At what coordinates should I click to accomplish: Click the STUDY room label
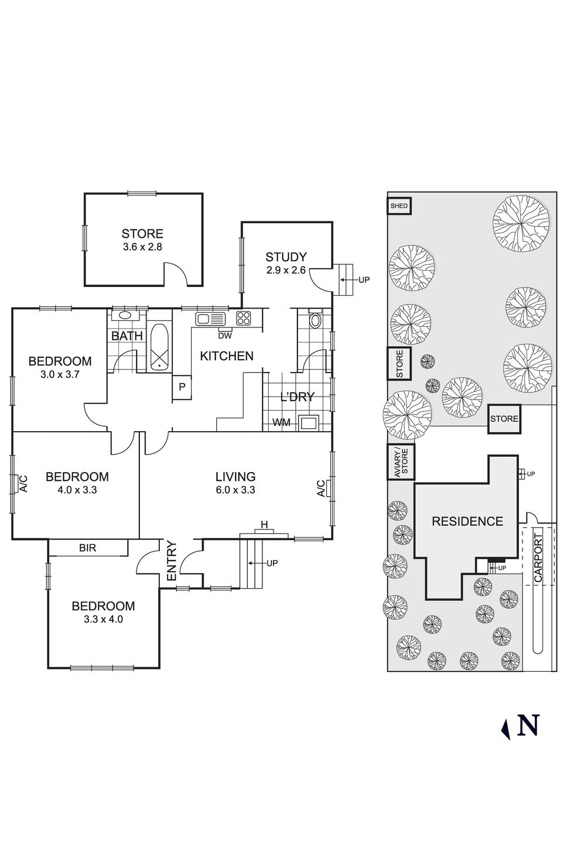pyautogui.click(x=286, y=257)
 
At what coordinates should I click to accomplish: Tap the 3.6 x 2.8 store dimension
pyautogui.click(x=142, y=247)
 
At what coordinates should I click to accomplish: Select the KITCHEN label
pyautogui.click(x=227, y=356)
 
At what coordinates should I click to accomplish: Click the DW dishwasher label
pyautogui.click(x=224, y=336)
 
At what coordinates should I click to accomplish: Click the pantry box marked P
pyautogui.click(x=182, y=387)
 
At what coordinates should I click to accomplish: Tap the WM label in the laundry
pyautogui.click(x=281, y=422)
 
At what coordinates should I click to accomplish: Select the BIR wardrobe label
pyautogui.click(x=87, y=548)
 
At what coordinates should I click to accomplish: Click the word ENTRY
pyautogui.click(x=172, y=561)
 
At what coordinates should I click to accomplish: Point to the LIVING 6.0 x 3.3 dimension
pyautogui.click(x=235, y=490)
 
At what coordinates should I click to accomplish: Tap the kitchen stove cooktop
pyautogui.click(x=244, y=318)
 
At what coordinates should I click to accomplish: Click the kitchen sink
pyautogui.click(x=210, y=319)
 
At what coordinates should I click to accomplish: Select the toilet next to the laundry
pyautogui.click(x=315, y=320)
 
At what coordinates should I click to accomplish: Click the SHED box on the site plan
pyautogui.click(x=399, y=206)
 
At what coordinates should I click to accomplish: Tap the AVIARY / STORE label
pyautogui.click(x=401, y=463)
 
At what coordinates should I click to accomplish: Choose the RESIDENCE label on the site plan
pyautogui.click(x=467, y=521)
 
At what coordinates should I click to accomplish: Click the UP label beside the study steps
pyautogui.click(x=364, y=280)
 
